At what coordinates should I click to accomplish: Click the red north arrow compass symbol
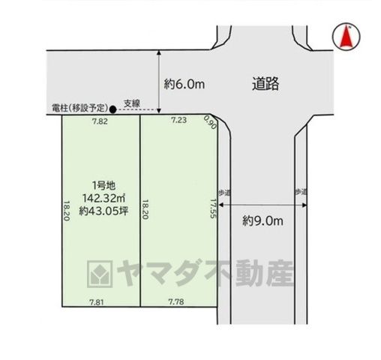coord(346,37)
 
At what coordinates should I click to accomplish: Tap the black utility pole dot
coord(113,109)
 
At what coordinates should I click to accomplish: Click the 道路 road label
coord(265,83)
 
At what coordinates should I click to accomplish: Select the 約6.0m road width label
coord(184,84)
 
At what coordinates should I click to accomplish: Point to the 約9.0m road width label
coord(262,221)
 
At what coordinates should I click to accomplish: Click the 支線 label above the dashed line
coord(132,103)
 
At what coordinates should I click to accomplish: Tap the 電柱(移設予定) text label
coord(80,108)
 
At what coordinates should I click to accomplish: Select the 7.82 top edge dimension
coord(100,121)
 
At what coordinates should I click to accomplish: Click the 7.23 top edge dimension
coord(178,120)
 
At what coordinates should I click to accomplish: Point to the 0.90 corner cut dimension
coord(210,122)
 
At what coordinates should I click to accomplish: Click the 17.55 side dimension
coord(213,208)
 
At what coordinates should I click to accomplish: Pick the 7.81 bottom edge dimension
coord(97,302)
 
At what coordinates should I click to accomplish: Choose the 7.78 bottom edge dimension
coord(176,301)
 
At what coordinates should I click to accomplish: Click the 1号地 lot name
coord(103,185)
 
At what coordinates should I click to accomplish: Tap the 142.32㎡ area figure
coord(103,198)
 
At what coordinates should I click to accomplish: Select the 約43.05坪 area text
coord(103,211)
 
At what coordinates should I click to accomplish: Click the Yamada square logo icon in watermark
coord(100,274)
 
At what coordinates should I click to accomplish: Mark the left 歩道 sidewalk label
coord(224,193)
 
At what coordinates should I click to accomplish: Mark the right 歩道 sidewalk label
coord(301,192)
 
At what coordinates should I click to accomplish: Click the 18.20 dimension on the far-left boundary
coord(67,211)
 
